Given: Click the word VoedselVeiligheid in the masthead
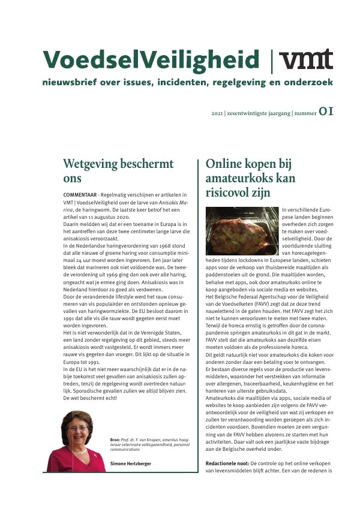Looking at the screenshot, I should (x=152, y=60).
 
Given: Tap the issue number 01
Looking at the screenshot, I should (x=326, y=111).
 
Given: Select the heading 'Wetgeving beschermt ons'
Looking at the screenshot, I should (x=118, y=171).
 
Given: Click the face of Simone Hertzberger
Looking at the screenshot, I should (x=77, y=429).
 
